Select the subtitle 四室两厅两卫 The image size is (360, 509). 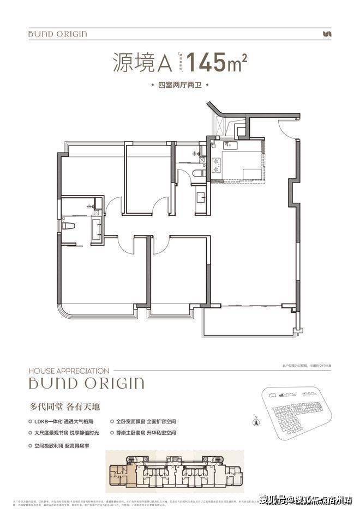(179, 86)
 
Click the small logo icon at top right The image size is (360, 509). (327, 34)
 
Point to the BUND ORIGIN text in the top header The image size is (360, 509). (57, 34)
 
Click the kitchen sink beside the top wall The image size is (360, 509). (228, 144)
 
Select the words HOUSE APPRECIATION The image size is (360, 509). (69, 371)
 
